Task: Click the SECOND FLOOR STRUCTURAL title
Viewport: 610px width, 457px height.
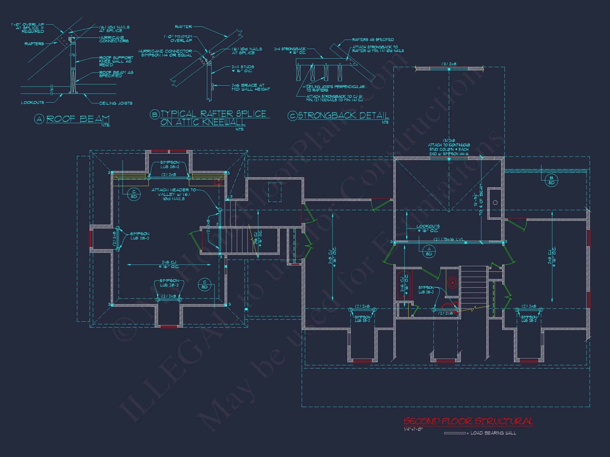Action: pyautogui.click(x=468, y=421)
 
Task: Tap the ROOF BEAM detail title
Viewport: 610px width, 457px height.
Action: pyautogui.click(x=78, y=119)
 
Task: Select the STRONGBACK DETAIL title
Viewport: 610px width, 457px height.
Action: pyautogui.click(x=343, y=116)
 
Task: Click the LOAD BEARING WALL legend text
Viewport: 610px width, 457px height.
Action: pyautogui.click(x=493, y=433)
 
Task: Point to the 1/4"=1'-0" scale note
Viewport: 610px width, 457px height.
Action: pyautogui.click(x=413, y=429)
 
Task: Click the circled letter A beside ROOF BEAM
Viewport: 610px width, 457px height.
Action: pyautogui.click(x=39, y=119)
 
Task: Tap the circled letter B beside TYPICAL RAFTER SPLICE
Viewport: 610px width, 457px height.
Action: pyautogui.click(x=155, y=115)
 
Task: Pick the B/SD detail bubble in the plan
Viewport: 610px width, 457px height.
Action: pyautogui.click(x=551, y=180)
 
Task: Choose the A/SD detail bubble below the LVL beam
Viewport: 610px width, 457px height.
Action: pyautogui.click(x=429, y=252)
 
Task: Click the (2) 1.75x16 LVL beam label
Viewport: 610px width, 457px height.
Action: pyautogui.click(x=448, y=239)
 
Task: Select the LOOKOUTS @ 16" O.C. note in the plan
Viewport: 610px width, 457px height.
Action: pyautogui.click(x=428, y=228)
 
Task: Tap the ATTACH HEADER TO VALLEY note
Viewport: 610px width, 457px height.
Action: pyautogui.click(x=174, y=194)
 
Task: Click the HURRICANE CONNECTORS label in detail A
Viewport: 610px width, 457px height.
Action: pyautogui.click(x=114, y=39)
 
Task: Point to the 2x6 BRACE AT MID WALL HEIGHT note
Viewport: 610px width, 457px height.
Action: pyautogui.click(x=250, y=87)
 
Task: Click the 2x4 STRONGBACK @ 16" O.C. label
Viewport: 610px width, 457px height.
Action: pyautogui.click(x=290, y=51)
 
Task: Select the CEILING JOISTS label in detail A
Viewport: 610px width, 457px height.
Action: pyautogui.click(x=116, y=103)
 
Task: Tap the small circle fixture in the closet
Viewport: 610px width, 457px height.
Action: pyautogui.click(x=495, y=203)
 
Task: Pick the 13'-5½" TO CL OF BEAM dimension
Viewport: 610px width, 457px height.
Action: pyautogui.click(x=478, y=200)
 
